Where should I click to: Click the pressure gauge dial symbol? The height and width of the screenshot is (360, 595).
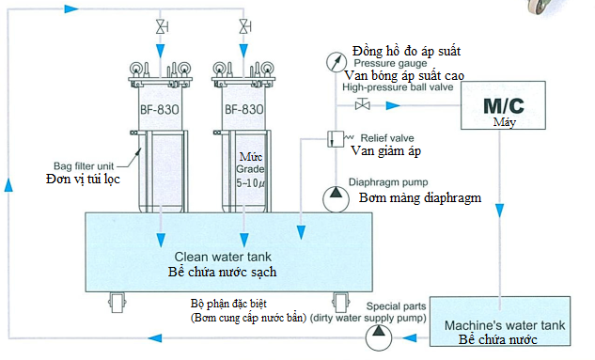[337, 61]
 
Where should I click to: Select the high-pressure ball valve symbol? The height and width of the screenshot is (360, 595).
[363, 103]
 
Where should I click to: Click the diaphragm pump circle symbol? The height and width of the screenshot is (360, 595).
[336, 198]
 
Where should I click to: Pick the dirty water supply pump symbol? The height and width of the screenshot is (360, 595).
[378, 337]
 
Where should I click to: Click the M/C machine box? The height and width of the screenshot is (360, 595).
[503, 105]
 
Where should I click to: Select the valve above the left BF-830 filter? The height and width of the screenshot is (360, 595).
[162, 27]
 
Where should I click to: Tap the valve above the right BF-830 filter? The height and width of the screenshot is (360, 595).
[244, 26]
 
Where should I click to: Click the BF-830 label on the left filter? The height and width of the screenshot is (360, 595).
[160, 110]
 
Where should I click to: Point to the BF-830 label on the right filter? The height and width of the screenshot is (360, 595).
[244, 109]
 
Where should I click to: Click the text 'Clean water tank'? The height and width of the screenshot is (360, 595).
[223, 257]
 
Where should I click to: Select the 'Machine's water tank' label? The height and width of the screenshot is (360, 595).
[505, 325]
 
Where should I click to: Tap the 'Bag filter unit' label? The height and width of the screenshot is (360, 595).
[84, 166]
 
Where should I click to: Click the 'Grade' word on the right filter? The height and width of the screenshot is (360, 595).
[250, 169]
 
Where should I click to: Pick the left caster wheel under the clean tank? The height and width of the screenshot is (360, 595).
[117, 303]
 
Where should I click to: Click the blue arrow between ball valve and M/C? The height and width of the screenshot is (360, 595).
[393, 105]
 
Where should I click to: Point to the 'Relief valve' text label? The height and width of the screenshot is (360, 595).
[387, 138]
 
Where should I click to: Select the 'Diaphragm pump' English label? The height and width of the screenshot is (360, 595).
[388, 182]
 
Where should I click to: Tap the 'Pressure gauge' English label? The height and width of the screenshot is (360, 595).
[390, 63]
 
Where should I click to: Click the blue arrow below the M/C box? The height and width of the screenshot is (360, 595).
[500, 211]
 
